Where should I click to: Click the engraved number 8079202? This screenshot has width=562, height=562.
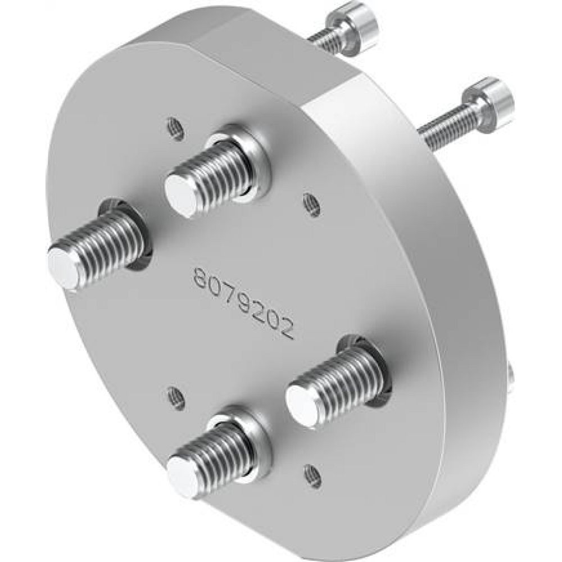click(x=244, y=302)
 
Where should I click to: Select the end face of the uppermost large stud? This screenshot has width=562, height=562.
click(x=180, y=193)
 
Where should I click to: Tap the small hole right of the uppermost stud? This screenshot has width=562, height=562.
click(x=312, y=205)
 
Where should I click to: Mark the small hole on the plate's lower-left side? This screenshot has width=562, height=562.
click(x=176, y=398)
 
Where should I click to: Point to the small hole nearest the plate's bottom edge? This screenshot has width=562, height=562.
click(x=312, y=475)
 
